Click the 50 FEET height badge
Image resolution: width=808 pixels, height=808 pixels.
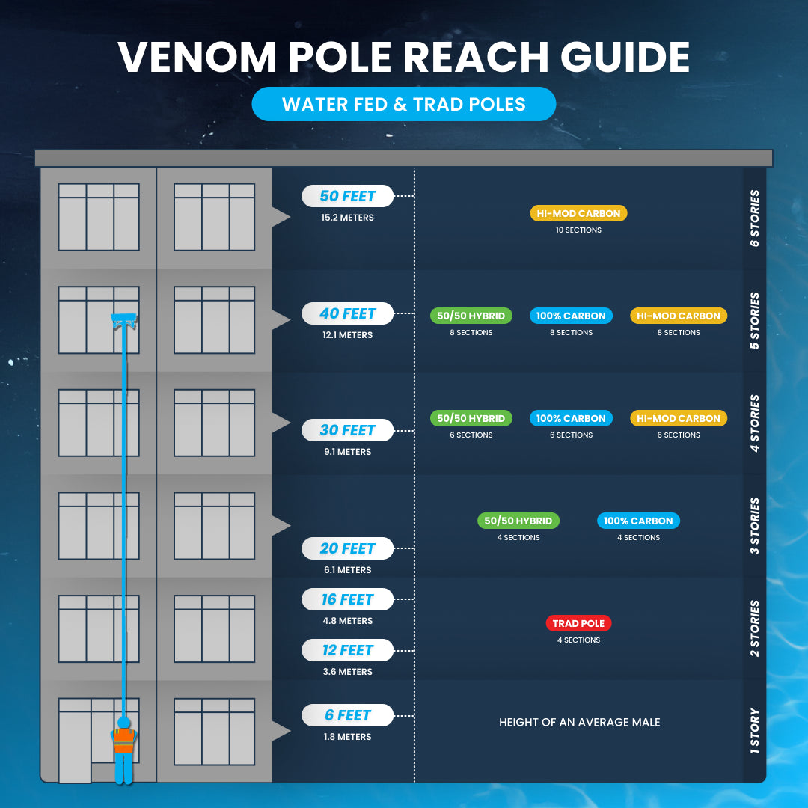pyautogui.click(x=348, y=196)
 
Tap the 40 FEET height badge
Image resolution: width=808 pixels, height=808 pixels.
pyautogui.click(x=348, y=313)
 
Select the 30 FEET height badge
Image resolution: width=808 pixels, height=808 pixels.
pyautogui.click(x=348, y=430)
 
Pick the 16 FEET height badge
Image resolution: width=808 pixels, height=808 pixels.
pyautogui.click(x=348, y=599)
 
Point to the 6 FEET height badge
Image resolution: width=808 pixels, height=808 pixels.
pyautogui.click(x=348, y=715)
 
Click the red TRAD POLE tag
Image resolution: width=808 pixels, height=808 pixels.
pyautogui.click(x=578, y=623)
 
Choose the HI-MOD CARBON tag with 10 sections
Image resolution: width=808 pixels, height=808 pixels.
pyautogui.click(x=578, y=213)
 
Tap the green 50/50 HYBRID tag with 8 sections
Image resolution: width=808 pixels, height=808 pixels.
pyautogui.click(x=471, y=316)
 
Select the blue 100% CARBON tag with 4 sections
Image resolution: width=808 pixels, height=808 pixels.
pyautogui.click(x=638, y=521)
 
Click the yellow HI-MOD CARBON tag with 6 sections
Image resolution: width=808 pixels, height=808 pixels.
pyautogui.click(x=679, y=418)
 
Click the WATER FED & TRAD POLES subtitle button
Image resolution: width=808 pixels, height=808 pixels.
pyautogui.click(x=404, y=104)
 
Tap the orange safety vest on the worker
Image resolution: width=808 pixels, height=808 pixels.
pyautogui.click(x=124, y=740)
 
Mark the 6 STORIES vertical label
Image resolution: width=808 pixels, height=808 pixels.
pyautogui.click(x=754, y=218)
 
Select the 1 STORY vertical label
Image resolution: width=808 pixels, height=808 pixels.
pyautogui.click(x=754, y=730)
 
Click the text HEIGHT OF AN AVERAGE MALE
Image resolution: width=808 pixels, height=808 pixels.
pyautogui.click(x=580, y=722)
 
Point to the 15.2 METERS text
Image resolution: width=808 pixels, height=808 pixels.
pyautogui.click(x=348, y=218)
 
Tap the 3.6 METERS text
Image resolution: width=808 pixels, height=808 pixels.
pyautogui.click(x=348, y=672)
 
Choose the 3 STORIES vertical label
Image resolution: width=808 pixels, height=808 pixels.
pyautogui.click(x=754, y=525)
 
